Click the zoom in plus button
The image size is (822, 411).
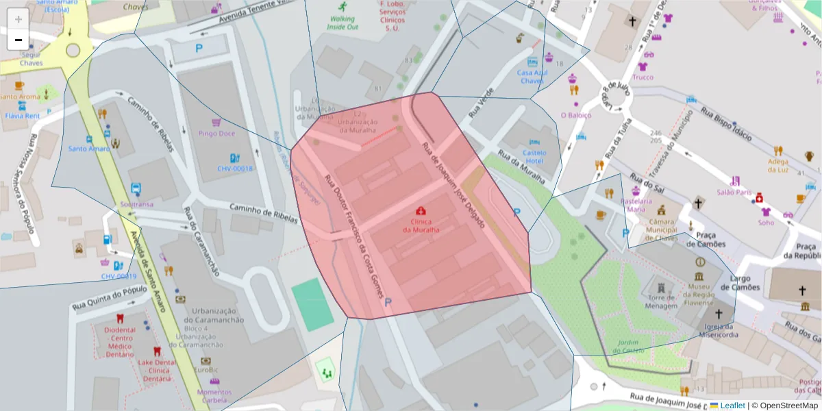(18, 19)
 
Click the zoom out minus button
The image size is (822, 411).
(18, 40)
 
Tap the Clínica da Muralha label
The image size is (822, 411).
(421, 225)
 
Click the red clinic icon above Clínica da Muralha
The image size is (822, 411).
(421, 211)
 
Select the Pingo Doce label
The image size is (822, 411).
(216, 133)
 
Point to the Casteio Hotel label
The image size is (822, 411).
(534, 156)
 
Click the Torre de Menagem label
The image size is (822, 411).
(661, 301)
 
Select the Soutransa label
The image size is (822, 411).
(136, 204)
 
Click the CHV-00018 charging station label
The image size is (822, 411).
(235, 168)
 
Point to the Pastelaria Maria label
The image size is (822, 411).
(636, 205)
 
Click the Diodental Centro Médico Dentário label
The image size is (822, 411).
(120, 338)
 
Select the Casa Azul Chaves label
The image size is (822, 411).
(532, 76)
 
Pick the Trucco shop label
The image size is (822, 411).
(643, 77)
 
